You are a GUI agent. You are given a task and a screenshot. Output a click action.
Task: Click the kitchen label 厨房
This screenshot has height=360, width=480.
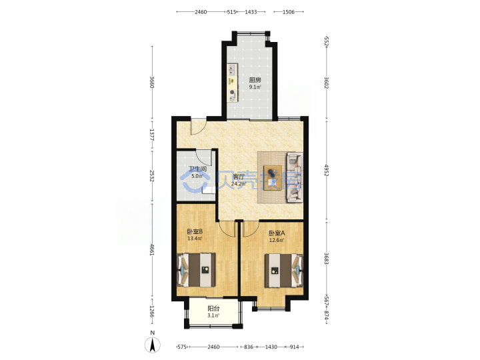(x=255, y=80)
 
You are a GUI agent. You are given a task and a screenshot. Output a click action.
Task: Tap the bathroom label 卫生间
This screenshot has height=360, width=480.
(x=197, y=169)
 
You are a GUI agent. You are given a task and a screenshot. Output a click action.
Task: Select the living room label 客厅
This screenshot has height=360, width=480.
(x=239, y=177)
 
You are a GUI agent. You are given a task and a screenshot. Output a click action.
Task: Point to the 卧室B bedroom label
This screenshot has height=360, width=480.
(x=195, y=231)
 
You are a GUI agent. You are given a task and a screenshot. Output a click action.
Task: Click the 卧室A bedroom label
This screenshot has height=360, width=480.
(x=277, y=233)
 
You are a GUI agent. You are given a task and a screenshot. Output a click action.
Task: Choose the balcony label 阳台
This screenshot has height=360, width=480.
(x=213, y=309)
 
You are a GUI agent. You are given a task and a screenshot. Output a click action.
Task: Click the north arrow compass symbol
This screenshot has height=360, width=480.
(x=153, y=345)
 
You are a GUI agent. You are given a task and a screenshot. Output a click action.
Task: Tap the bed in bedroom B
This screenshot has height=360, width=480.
(x=197, y=270)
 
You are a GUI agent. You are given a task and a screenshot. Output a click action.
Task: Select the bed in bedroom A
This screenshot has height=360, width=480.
(x=284, y=271)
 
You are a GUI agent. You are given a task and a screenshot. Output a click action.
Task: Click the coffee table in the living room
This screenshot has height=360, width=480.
(x=273, y=177)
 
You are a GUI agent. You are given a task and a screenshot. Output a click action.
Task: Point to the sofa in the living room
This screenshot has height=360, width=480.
(x=295, y=178)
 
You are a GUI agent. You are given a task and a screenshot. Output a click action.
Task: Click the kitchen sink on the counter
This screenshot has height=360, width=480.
(x=233, y=70)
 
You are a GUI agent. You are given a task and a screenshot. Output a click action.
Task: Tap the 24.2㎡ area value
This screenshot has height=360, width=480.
(x=239, y=184)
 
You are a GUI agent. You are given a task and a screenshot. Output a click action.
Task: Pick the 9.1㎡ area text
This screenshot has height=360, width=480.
(x=255, y=87)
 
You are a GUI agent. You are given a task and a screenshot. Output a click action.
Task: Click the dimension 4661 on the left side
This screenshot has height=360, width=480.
(x=151, y=250)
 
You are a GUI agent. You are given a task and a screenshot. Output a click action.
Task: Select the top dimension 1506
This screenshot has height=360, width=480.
(x=289, y=12)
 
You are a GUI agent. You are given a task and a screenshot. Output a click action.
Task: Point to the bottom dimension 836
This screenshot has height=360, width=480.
(x=248, y=347)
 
